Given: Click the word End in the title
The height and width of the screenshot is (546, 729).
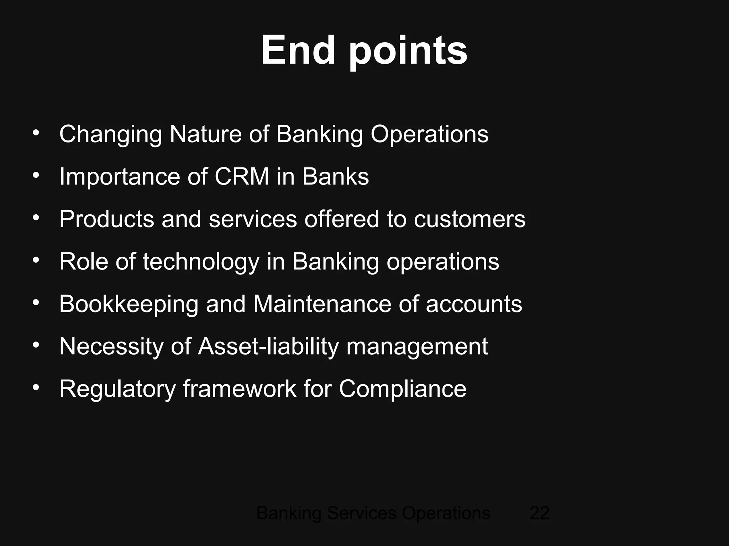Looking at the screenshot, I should pos(298,50).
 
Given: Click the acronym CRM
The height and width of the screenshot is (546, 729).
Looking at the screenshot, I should pos(242,177).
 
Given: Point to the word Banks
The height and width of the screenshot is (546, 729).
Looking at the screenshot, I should pos(336,177).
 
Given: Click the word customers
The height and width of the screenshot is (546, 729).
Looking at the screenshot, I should pos(470,219).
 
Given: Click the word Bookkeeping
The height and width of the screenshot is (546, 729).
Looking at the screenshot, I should pos(129,305).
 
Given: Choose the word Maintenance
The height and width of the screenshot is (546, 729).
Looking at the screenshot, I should pos(322,304).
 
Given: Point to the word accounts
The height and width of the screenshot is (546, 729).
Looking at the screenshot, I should pos(474,305).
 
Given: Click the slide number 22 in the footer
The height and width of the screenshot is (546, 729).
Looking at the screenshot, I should pos(539,513).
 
